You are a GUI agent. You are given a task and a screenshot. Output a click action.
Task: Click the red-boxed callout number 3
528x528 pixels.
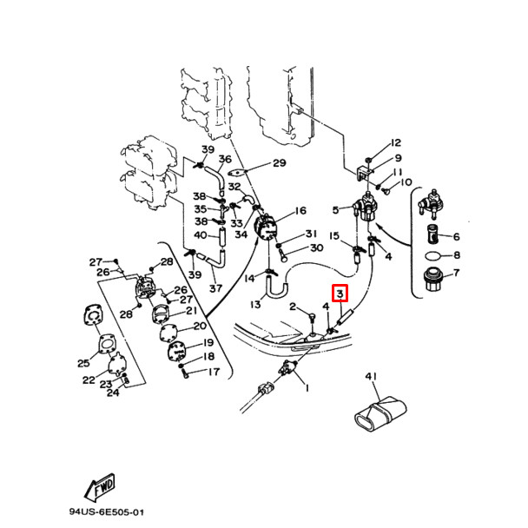point(341,294)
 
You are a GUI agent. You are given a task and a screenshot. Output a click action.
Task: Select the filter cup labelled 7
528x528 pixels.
point(432,283)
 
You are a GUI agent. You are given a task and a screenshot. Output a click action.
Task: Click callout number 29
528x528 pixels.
point(279,163)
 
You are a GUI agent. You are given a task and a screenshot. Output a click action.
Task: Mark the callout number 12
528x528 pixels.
point(395,142)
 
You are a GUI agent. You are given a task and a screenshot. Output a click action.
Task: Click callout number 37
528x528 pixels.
point(215,288)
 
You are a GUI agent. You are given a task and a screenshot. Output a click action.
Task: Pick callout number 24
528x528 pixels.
point(112,393)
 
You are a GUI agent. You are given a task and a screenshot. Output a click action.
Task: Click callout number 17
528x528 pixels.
point(213,372)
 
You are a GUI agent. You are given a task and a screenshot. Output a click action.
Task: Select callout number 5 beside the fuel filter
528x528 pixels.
point(335,209)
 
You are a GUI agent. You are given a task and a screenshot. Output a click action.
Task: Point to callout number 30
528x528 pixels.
point(315,248)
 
